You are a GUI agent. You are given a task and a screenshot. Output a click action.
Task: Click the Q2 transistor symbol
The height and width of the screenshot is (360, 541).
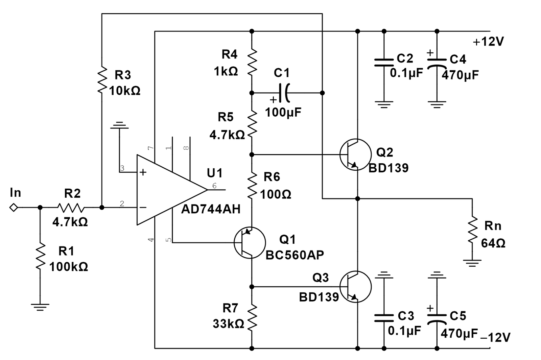tap(355, 154)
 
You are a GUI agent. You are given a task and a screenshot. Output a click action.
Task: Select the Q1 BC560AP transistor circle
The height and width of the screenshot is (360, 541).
tap(250, 243)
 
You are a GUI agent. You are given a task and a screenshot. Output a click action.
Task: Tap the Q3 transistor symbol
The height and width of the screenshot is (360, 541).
tap(355, 287)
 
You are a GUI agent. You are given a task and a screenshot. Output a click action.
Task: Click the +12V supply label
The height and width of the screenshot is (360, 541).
tap(488, 42)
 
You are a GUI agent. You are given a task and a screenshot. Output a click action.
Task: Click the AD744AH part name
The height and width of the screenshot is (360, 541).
tap(211, 210)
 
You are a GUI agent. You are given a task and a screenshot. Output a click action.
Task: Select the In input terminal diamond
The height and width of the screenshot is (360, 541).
tap(14, 207)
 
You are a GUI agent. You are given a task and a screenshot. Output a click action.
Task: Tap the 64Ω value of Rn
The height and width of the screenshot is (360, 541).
tap(493, 243)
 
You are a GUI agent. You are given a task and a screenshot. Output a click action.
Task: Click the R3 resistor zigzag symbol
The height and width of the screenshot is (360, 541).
tap(102, 80)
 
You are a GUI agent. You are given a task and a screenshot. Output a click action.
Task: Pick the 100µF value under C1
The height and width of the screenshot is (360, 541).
tap(283, 113)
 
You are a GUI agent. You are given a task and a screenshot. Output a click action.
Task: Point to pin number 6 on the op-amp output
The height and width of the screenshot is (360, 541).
tap(214, 186)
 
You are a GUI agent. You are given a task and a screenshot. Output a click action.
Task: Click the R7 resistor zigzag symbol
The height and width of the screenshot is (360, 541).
tap(252, 317)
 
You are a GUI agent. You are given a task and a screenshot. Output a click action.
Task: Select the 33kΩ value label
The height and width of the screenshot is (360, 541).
tap(228, 324)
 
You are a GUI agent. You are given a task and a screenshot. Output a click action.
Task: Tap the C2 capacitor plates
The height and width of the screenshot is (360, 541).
tap(384, 62)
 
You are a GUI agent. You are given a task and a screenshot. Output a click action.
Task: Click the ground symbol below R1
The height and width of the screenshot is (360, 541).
tap(40, 307)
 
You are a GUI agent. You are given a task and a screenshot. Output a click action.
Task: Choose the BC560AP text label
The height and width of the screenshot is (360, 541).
tap(295, 255)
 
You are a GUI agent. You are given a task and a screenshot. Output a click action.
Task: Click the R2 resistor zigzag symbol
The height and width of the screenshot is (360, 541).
tap(70, 207)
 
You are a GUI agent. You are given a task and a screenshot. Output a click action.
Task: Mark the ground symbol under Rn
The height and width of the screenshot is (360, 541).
tap(472, 263)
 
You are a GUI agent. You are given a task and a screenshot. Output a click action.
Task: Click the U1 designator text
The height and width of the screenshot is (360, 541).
tap(215, 173)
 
